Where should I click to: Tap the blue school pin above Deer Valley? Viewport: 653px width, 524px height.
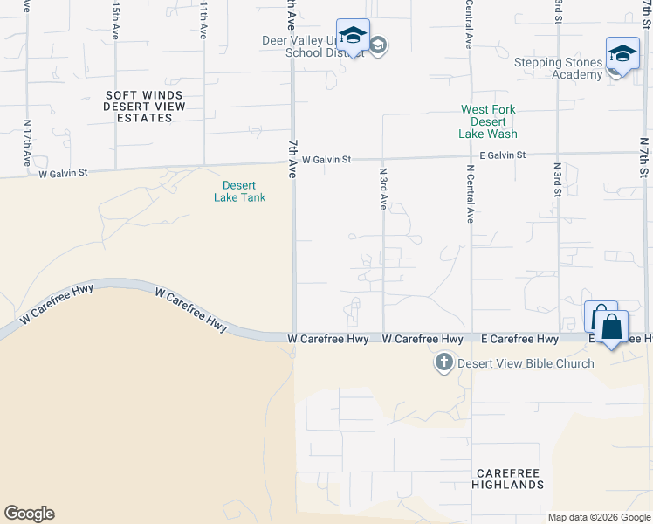[x=353, y=37]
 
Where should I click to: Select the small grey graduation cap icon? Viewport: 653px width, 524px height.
[x=377, y=45]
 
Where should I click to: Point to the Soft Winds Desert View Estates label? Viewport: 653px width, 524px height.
[x=146, y=106]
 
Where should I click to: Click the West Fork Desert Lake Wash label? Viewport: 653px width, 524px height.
[x=488, y=122]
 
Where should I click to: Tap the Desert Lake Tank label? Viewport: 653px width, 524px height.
[x=239, y=190]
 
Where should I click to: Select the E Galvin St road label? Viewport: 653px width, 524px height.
[x=496, y=155]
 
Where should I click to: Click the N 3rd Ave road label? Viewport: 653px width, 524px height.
[x=382, y=188]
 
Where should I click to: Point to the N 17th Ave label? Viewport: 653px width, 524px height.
[x=28, y=144]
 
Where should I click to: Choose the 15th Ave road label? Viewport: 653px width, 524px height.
[x=116, y=19]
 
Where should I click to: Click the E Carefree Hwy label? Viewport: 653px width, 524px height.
[x=519, y=339]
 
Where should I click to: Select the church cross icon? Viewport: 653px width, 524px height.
[x=443, y=362]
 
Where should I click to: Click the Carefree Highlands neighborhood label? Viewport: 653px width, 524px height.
[x=508, y=478]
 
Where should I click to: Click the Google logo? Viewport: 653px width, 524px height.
[x=29, y=514]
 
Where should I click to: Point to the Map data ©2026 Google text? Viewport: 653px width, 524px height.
[x=599, y=517]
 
